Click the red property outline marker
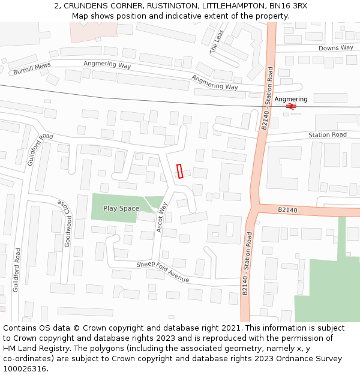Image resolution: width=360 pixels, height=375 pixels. pos(179,171)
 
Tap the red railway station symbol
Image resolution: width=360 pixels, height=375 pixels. pos(291,107)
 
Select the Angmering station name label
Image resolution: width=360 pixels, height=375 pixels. pos(291,99)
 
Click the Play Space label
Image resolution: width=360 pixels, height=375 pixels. pos(121,209)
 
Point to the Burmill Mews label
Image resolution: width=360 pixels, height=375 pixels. pos(32,68)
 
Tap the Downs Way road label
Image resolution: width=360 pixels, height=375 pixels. pos(335,48)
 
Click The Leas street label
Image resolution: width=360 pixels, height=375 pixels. pos(217,41)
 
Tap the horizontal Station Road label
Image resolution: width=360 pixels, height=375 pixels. pos(328,135)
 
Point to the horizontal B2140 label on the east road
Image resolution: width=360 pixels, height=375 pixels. pos(287,210)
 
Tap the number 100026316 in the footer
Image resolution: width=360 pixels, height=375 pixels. pos(25,368)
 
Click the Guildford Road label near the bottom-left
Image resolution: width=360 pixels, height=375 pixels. pos(17,270)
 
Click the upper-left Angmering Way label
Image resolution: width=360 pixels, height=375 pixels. pos(107,65)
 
